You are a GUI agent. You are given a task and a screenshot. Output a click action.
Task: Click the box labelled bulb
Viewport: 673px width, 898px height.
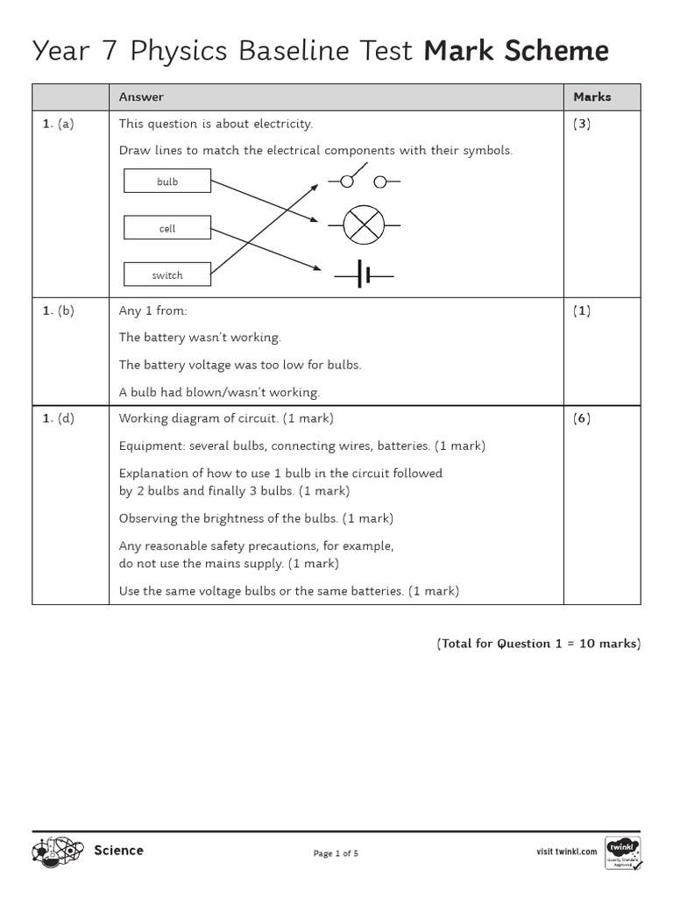click(167, 182)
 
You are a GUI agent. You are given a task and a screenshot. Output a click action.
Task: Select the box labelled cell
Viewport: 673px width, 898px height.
click(167, 228)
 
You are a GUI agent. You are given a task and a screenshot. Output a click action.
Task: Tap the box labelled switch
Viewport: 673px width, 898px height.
click(167, 274)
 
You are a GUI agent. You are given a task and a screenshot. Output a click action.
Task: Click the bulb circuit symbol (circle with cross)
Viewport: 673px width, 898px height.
click(364, 225)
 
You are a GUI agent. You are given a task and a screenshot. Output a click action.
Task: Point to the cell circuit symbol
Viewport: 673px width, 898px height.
click(364, 276)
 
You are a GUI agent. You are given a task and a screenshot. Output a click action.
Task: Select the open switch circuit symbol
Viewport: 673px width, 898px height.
click(364, 180)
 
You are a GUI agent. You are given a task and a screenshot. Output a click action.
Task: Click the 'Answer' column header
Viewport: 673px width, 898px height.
click(141, 97)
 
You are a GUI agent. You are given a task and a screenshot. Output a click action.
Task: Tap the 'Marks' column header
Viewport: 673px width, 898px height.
click(592, 97)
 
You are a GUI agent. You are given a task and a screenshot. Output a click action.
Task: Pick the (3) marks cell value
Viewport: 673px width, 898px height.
click(582, 124)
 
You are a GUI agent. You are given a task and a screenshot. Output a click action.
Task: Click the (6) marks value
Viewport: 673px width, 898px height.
click(582, 418)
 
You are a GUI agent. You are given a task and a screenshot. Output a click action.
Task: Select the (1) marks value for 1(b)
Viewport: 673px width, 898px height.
click(582, 311)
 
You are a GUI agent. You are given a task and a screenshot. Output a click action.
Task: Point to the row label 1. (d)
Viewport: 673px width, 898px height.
click(59, 418)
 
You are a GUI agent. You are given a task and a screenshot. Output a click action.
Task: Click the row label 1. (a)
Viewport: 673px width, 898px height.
click(59, 124)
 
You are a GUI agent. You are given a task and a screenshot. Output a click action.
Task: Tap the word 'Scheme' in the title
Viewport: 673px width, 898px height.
click(556, 53)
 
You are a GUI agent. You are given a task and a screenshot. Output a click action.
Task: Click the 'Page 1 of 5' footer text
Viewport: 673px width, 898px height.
click(336, 853)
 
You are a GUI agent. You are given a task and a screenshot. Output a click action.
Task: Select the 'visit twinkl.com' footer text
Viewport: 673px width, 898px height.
click(566, 852)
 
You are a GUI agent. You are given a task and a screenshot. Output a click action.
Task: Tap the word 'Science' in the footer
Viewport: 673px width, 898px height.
click(118, 851)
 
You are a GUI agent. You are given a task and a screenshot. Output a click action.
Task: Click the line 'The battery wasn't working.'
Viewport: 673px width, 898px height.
click(200, 338)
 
